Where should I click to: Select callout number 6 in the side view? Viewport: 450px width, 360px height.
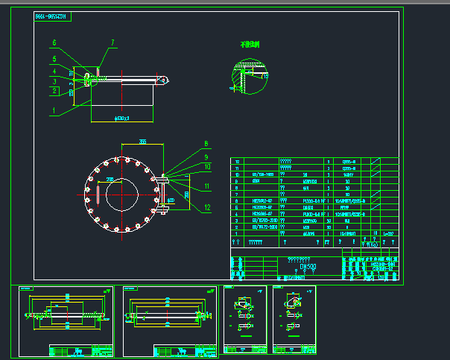pyautogui.click(x=54, y=42)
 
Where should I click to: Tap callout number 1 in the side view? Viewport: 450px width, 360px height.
pyautogui.click(x=54, y=110)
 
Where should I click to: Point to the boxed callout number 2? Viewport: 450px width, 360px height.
pyautogui.click(x=54, y=91)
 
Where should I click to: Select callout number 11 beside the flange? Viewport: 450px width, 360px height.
pyautogui.click(x=208, y=186)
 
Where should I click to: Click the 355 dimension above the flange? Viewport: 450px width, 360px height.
pyautogui.click(x=142, y=140)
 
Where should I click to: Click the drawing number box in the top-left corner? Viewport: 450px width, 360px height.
pyautogui.click(x=52, y=16)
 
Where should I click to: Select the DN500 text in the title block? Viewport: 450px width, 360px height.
pyautogui.click(x=308, y=265)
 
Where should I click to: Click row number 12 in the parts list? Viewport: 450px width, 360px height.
pyautogui.click(x=238, y=161)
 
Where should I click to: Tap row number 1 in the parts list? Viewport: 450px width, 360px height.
pyautogui.click(x=238, y=233)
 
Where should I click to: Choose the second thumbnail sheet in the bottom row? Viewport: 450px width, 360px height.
pyautogui.click(x=169, y=320)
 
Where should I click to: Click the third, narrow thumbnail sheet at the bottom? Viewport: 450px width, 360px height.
pyautogui.click(x=246, y=320)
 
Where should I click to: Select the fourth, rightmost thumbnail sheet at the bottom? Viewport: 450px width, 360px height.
pyautogui.click(x=295, y=320)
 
